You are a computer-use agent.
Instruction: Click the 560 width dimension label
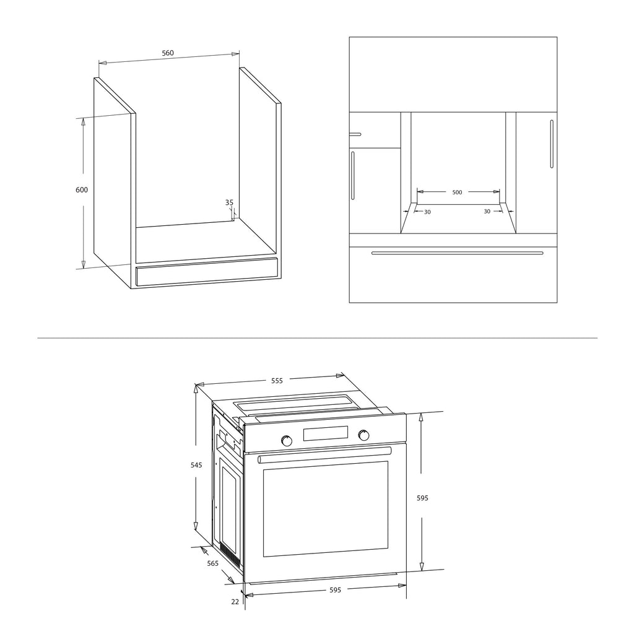[x=168, y=53]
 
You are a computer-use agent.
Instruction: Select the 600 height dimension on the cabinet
[x=82, y=189]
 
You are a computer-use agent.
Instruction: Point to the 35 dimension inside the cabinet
[x=229, y=202]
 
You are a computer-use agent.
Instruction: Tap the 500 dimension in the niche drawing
[x=457, y=193]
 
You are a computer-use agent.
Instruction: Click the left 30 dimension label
[x=427, y=212]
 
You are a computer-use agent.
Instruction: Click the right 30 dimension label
[x=487, y=212]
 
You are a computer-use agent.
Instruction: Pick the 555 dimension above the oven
[x=277, y=381]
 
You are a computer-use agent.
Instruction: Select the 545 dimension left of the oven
[x=196, y=465]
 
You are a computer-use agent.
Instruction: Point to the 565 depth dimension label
[x=213, y=563]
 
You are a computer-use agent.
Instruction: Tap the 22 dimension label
[x=235, y=602]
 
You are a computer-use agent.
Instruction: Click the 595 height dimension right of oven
[x=422, y=498]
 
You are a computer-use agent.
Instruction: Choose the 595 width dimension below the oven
[x=335, y=590]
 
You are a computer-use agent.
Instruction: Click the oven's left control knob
[x=287, y=441]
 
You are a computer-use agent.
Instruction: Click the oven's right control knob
[x=363, y=435]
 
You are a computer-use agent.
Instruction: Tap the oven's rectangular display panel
[x=326, y=433]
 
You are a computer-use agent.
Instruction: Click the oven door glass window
[x=326, y=509]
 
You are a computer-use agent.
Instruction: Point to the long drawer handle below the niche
[x=458, y=253]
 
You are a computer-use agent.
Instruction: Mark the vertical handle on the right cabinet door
[x=552, y=144]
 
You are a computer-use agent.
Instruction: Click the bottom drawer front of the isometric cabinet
[x=207, y=272]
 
